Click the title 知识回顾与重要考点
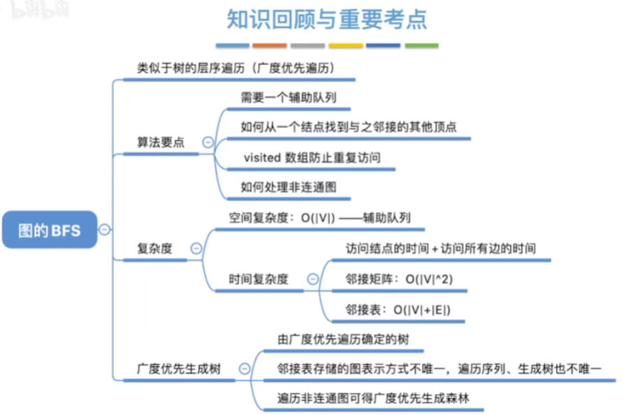coord(327,19)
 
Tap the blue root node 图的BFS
coord(50,229)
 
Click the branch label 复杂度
coord(154,248)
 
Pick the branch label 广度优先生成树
coord(179,368)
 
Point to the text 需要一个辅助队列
coord(289,98)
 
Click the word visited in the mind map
coord(262,158)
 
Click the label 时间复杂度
coord(259,279)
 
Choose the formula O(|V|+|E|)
coord(421,309)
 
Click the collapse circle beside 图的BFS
coord(105,229)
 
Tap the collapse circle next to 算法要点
coord(208,142)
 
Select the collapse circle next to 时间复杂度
coord(312,279)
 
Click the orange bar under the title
coord(270,45)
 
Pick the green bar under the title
coord(421,45)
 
